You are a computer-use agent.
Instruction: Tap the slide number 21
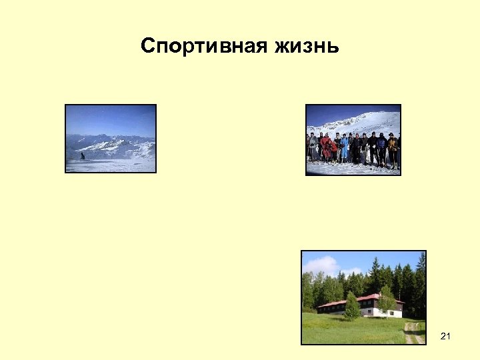(x=445, y=337)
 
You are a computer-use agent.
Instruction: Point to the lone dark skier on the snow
(x=83, y=156)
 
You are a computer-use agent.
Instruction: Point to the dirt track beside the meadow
(x=411, y=332)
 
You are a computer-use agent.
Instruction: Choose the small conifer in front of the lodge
(x=351, y=307)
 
